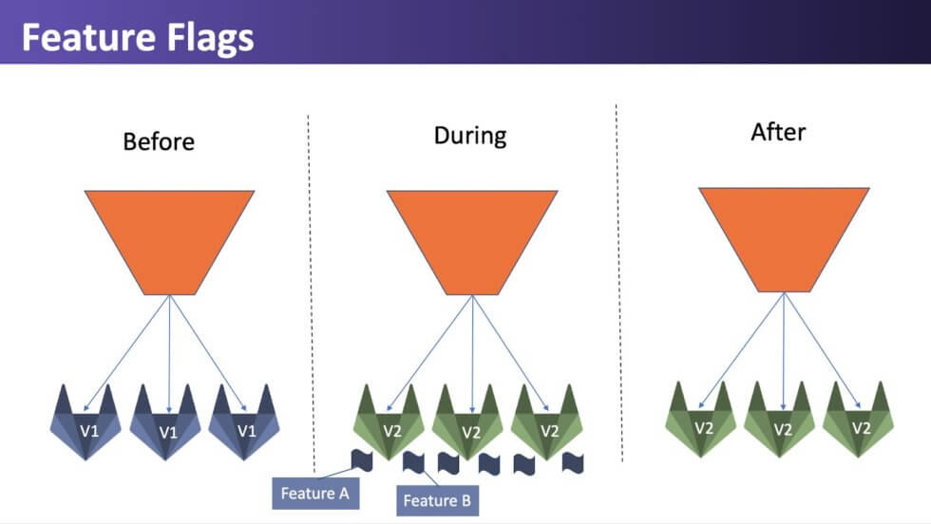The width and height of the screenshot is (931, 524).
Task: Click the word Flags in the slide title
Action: coord(210,39)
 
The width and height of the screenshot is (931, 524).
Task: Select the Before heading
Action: coord(159,141)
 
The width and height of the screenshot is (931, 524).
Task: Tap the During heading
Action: coord(470,136)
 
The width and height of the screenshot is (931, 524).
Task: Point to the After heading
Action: coord(778,132)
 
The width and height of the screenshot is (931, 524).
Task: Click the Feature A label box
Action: coord(315,493)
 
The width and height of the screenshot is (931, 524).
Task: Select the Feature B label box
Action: coord(438,500)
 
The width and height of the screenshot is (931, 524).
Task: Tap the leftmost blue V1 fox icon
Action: coord(86,422)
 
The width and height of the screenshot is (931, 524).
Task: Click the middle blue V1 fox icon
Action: coord(165,422)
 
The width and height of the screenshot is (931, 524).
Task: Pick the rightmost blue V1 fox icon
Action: coord(244,422)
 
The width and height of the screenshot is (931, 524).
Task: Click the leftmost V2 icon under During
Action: coord(389,422)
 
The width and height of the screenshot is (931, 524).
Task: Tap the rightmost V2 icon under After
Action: coord(858,420)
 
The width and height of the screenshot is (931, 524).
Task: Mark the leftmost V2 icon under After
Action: coord(701,420)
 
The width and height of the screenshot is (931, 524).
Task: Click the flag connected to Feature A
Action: coord(362,460)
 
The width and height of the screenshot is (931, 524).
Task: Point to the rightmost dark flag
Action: coord(573,463)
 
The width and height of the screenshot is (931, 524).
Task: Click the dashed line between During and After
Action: coord(619,283)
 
